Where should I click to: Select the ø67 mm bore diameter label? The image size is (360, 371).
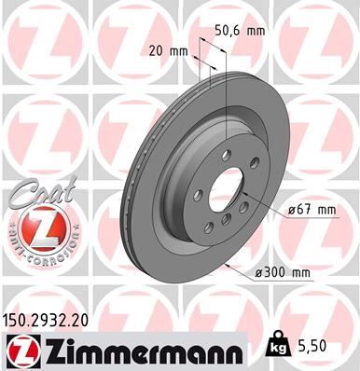[311, 211]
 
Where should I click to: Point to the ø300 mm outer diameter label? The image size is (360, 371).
[284, 272]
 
